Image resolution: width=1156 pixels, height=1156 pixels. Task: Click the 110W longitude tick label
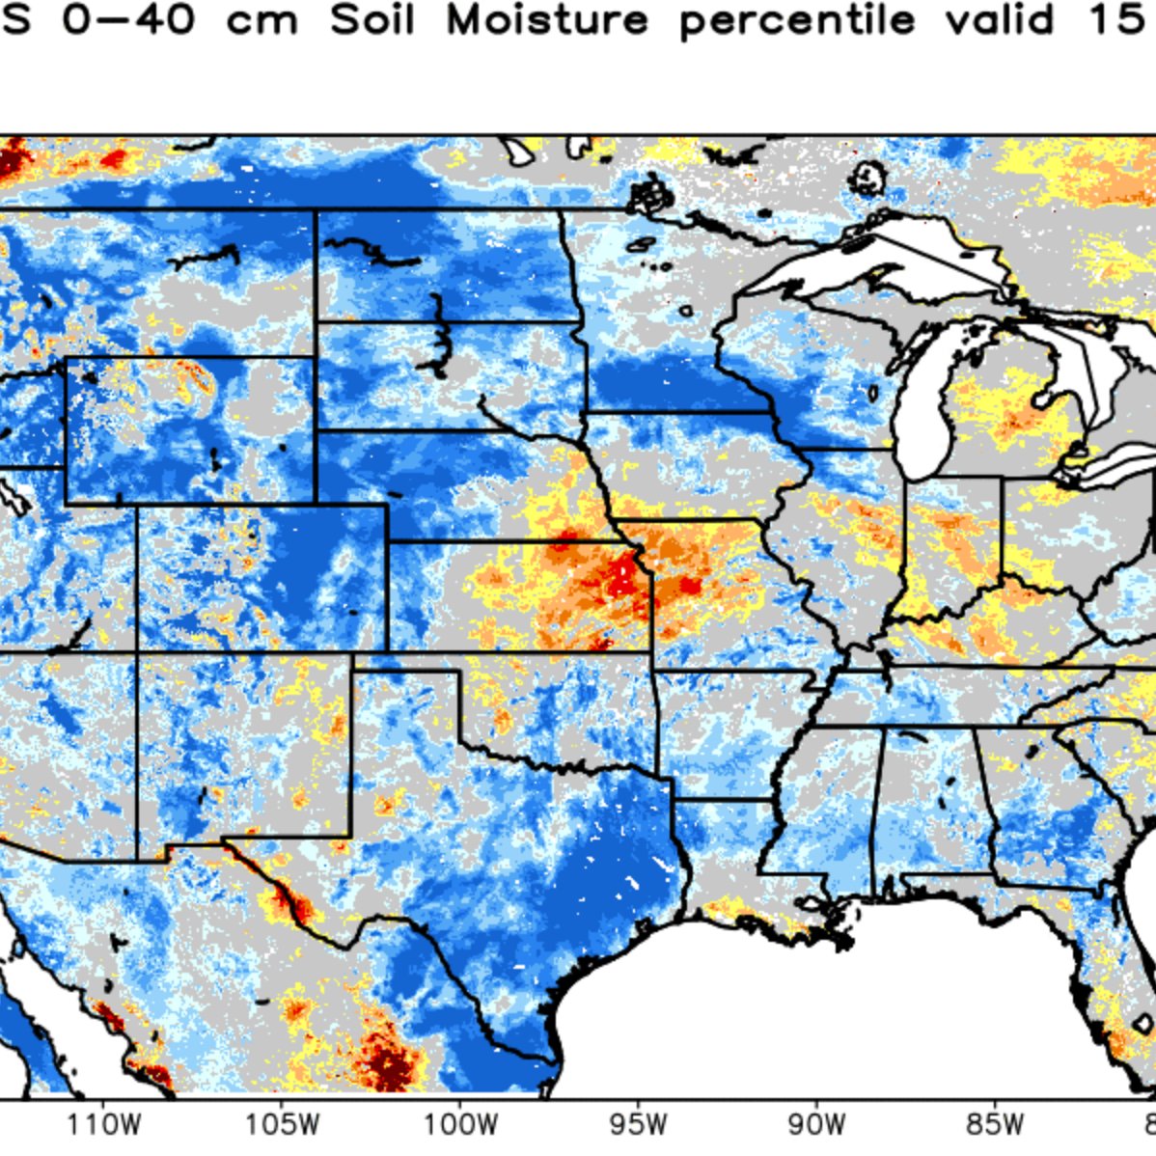pos(104,1125)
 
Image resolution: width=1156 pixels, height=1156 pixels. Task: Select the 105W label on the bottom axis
pos(282,1125)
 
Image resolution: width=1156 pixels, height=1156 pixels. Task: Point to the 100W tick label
pos(459,1125)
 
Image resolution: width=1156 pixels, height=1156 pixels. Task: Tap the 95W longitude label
pos(638,1125)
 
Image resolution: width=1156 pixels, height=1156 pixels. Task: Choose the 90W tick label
pos(816,1125)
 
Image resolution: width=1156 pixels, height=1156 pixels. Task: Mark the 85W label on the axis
pos(995,1125)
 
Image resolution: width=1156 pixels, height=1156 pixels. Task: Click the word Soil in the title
pos(372,20)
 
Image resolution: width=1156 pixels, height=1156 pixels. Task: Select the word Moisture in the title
pos(546,20)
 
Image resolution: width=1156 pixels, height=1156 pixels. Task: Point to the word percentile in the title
pos(796,22)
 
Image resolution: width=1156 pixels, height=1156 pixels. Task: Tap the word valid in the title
pos(999,20)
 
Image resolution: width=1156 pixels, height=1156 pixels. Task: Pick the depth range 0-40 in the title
pos(127,20)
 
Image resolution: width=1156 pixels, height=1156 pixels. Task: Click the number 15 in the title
pos(1117,20)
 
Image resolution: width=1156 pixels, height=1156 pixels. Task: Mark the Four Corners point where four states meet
pos(137,653)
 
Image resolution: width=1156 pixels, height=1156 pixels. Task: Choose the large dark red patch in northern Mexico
pos(391,1061)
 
